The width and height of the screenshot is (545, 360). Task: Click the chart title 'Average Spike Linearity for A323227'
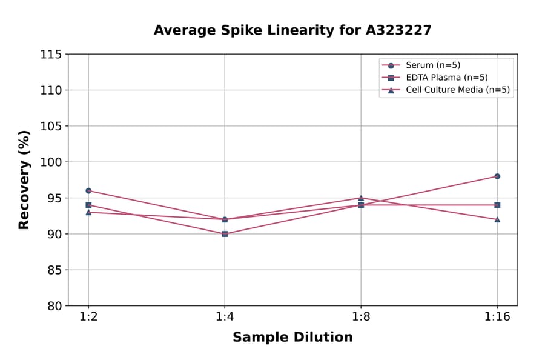292,30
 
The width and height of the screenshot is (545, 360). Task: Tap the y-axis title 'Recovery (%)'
24,180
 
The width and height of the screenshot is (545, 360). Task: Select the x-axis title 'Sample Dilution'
292,338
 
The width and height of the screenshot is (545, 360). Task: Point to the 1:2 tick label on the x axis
88,317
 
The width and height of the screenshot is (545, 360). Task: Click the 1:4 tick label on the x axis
225,317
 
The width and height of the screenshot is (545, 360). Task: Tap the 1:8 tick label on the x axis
361,317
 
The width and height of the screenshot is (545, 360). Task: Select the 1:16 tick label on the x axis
497,317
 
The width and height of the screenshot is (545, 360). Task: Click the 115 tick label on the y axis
51,55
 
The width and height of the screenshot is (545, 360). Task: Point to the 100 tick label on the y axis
51,162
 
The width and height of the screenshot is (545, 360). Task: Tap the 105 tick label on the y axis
51,126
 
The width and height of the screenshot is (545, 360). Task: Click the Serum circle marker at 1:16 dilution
497,176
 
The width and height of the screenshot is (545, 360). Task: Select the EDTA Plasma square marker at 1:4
225,234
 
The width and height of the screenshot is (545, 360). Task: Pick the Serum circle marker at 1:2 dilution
88,190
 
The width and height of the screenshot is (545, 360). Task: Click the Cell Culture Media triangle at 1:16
497,219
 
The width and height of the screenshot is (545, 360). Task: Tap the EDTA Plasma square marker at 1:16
497,205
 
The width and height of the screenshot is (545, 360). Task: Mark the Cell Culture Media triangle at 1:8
361,198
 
